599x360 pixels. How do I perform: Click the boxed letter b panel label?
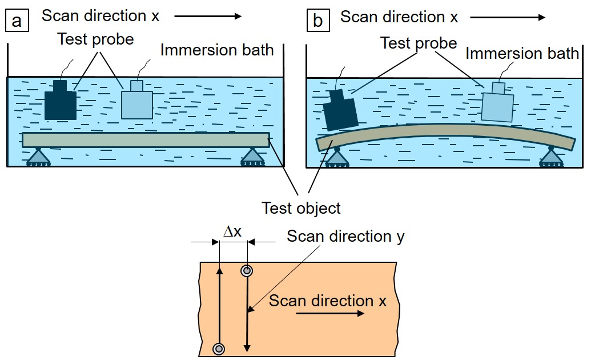(x=318, y=21)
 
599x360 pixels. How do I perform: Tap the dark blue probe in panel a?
(x=61, y=101)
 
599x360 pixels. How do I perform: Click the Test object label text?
(x=301, y=207)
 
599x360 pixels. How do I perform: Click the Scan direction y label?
(x=345, y=236)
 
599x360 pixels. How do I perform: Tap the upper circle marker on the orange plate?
(x=247, y=271)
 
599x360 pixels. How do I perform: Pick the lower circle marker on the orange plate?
(x=219, y=349)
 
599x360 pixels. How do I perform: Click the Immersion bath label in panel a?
(x=217, y=50)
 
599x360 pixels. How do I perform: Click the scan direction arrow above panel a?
(x=208, y=17)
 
